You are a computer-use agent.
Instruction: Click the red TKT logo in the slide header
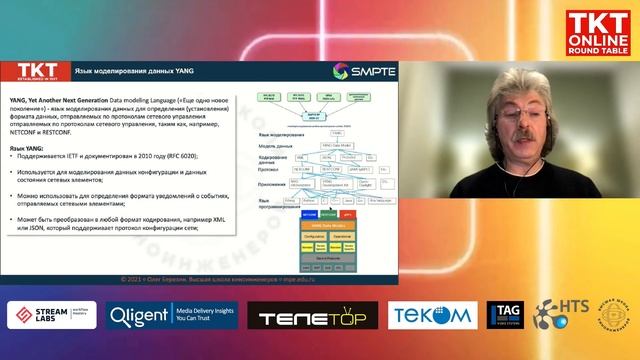tap(38, 70)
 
